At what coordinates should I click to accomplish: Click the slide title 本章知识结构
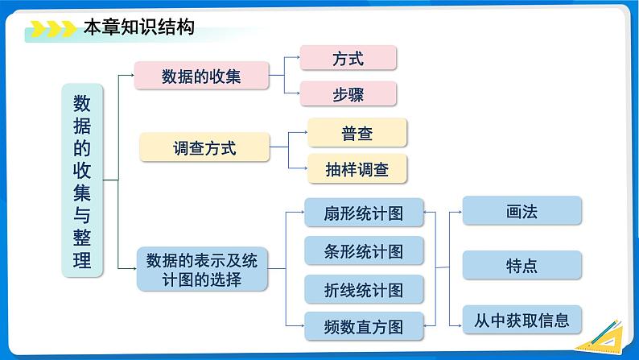point(139,29)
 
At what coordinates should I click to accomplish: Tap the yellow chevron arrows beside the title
point(52,31)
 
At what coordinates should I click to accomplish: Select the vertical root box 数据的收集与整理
point(82,180)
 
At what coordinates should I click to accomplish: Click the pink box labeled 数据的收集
point(200,77)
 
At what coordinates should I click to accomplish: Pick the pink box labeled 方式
point(348,58)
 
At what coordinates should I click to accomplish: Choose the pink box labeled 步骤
point(348,94)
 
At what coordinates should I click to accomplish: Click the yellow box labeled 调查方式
point(204,148)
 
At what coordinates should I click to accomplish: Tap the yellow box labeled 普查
point(357,132)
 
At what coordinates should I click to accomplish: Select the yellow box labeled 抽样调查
point(357,169)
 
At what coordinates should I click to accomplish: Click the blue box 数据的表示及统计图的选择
point(200,270)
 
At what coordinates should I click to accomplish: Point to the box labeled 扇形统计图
point(363,213)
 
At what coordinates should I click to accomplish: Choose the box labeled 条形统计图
point(363,250)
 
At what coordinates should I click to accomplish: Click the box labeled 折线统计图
point(363,288)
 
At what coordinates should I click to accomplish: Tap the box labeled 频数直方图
point(363,326)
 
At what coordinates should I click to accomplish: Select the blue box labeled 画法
point(522,212)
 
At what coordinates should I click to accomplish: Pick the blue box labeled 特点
point(522,266)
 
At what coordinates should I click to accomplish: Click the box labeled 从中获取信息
point(522,320)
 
